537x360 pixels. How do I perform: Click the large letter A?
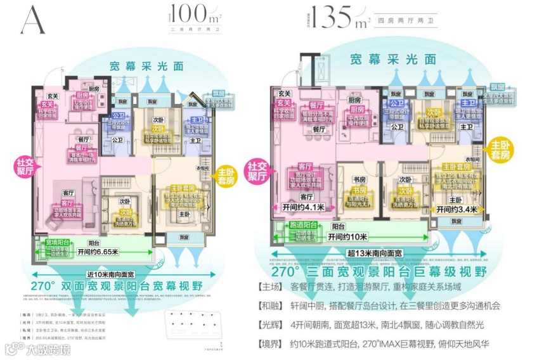tap(32, 21)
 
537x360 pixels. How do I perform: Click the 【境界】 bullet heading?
tap(273, 346)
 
